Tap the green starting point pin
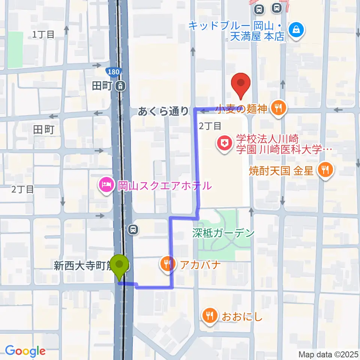(x=120, y=266)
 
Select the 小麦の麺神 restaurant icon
(x=278, y=109)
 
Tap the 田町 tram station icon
(x=120, y=86)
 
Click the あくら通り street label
(x=163, y=111)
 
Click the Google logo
(x=25, y=351)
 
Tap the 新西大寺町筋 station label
(x=83, y=267)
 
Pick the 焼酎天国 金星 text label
(x=281, y=171)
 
